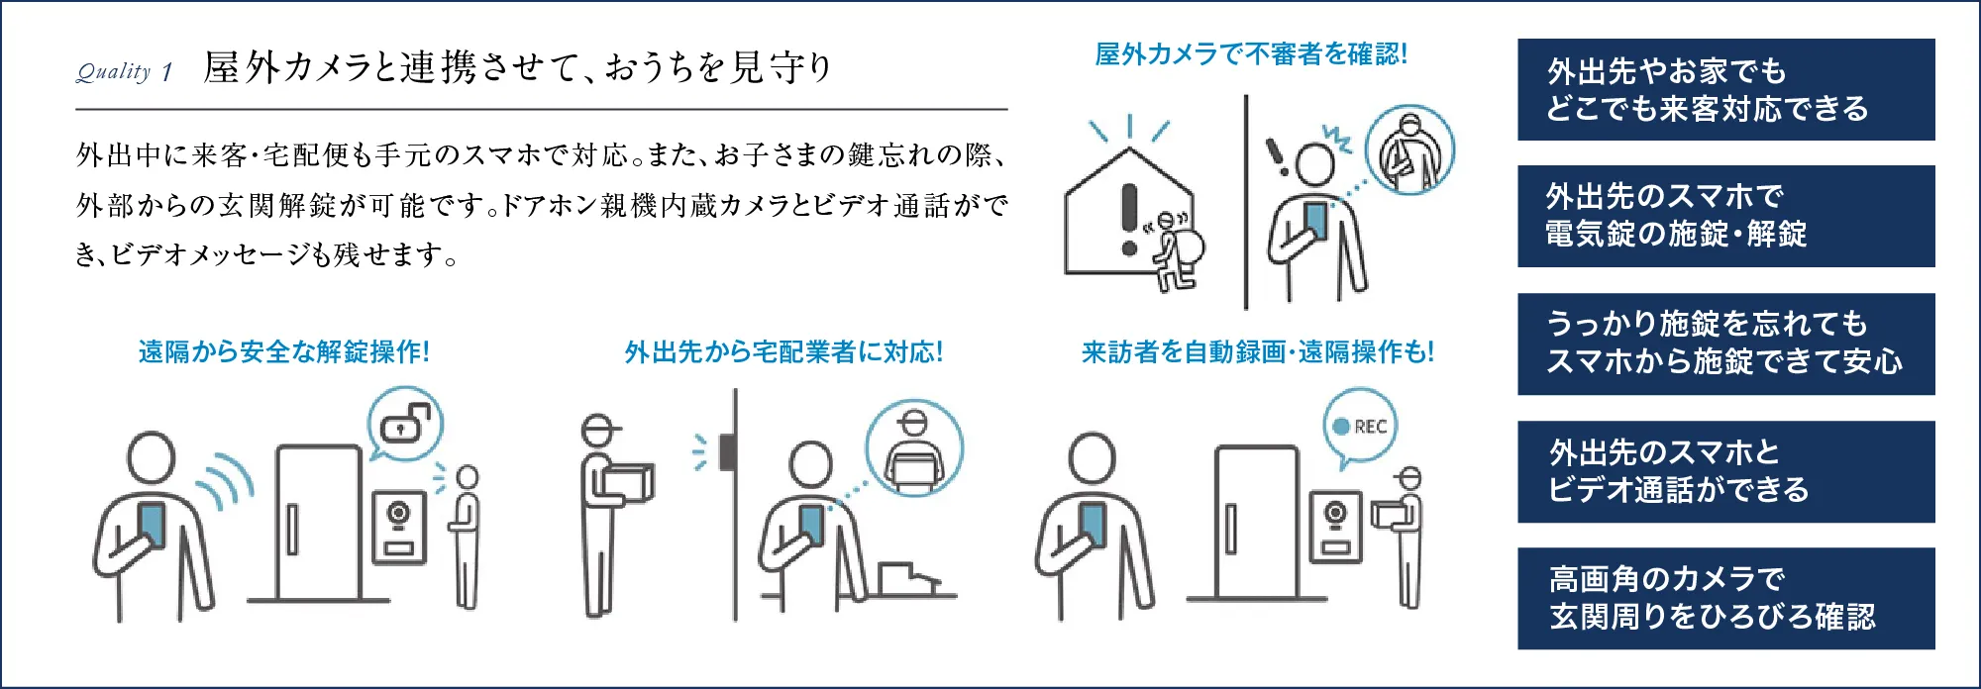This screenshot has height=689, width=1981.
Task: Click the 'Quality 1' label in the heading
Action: [125, 71]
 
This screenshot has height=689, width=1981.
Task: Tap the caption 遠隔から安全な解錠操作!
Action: [284, 351]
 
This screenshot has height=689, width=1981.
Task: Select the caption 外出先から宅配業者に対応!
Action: [783, 351]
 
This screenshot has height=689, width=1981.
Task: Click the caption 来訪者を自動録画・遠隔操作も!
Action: [1257, 351]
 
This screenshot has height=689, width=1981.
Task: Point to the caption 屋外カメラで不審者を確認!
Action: [1250, 54]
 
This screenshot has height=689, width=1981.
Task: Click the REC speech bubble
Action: [1361, 427]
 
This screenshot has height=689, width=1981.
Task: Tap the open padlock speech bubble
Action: [405, 424]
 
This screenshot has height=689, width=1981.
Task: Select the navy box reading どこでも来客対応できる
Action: [1725, 90]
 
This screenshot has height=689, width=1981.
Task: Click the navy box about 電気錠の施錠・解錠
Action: [1725, 216]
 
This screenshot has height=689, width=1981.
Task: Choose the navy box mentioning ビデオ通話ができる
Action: [1725, 471]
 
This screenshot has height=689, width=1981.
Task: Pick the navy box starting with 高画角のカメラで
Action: [1725, 598]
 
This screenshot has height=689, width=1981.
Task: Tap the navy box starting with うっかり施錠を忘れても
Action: [1725, 344]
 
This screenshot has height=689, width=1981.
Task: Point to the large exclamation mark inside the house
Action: [1128, 218]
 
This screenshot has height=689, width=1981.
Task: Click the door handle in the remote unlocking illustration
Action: [292, 529]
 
